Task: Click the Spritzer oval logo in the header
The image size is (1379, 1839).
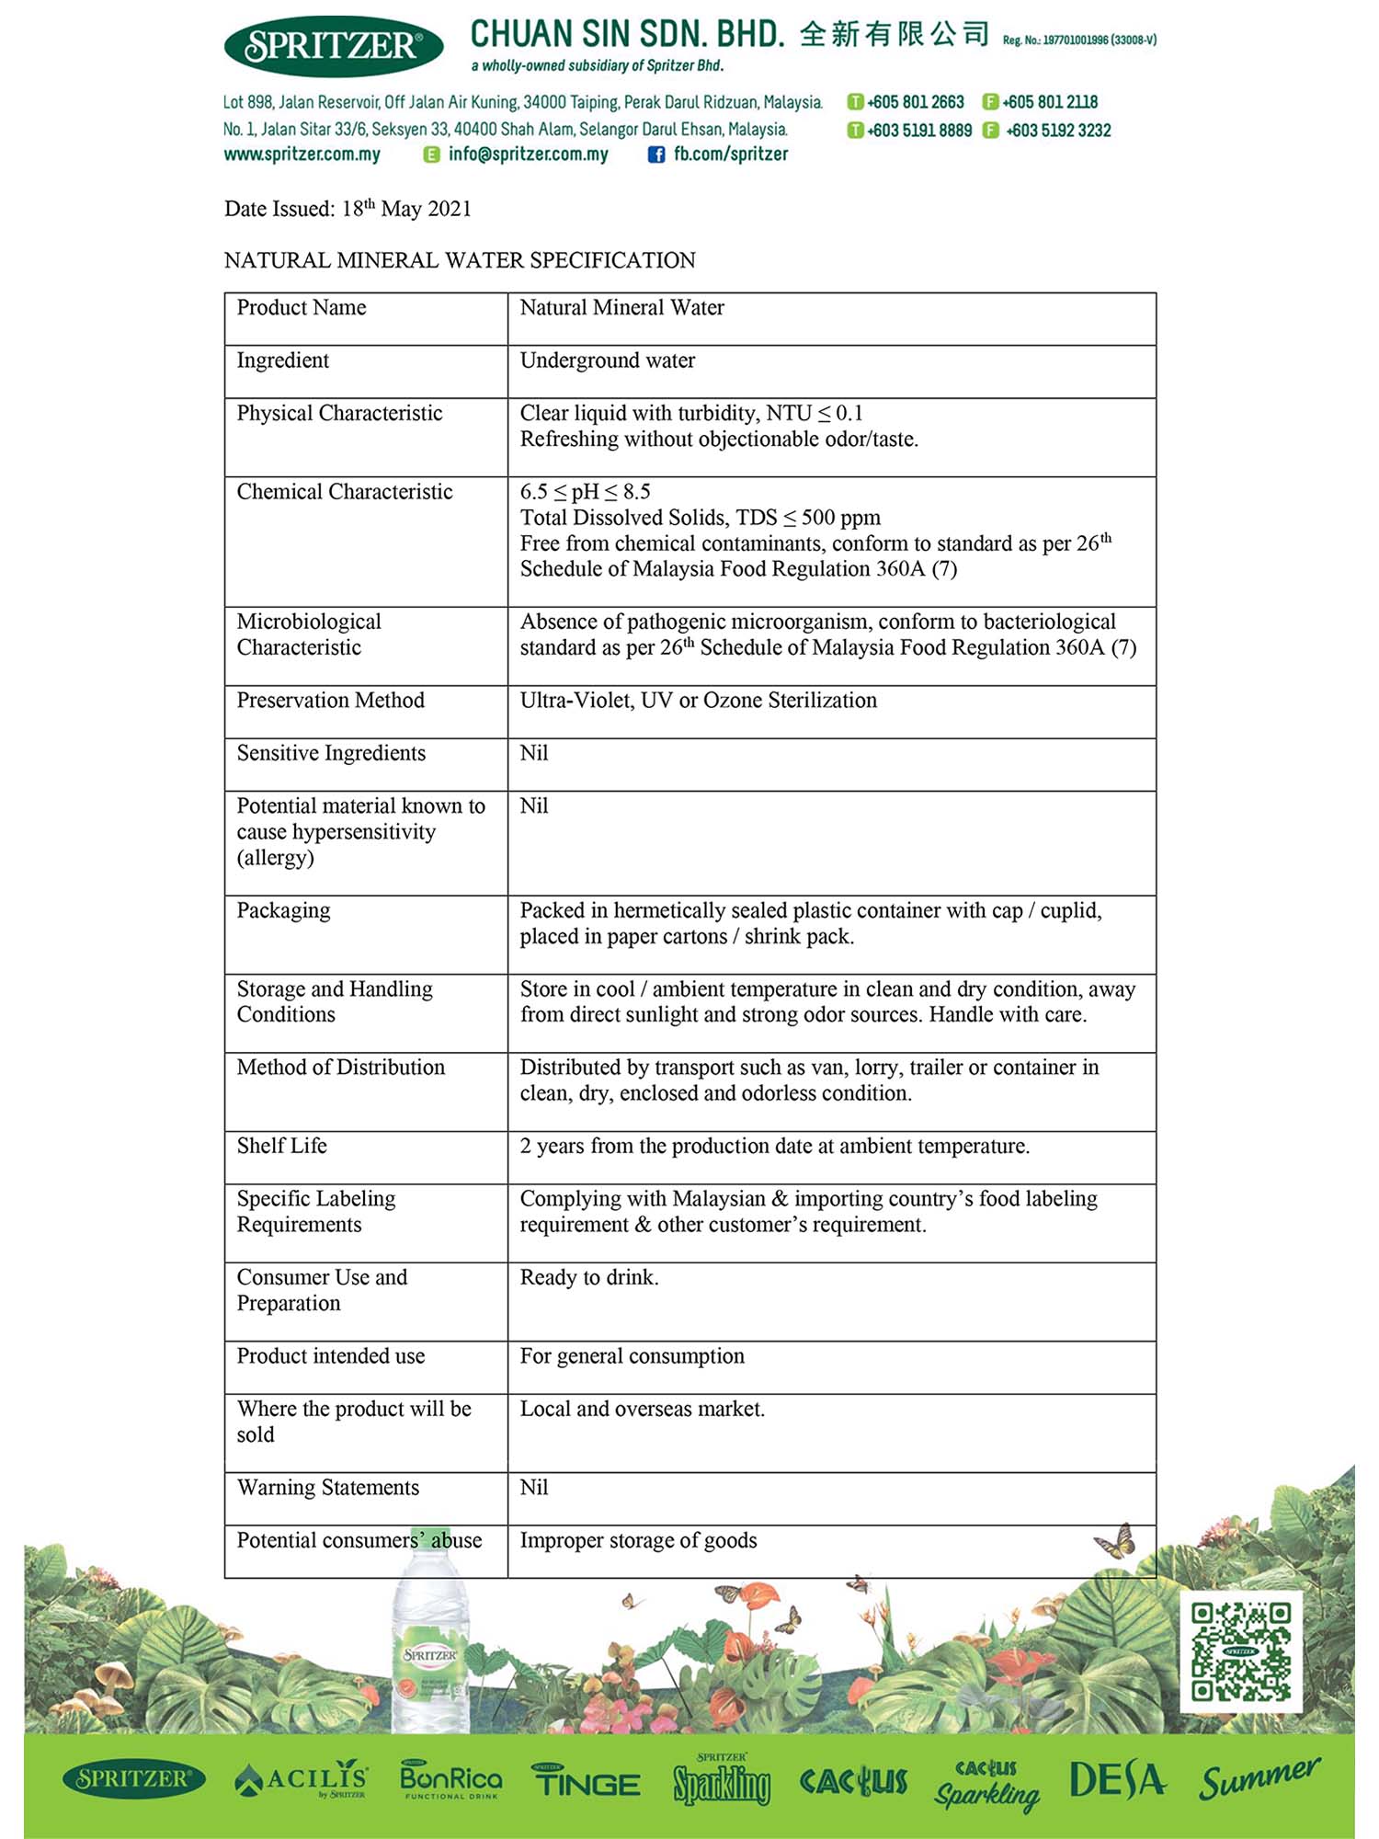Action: pyautogui.click(x=333, y=46)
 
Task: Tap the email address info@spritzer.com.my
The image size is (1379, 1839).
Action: pyautogui.click(x=528, y=154)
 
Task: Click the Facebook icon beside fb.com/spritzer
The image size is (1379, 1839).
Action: pyautogui.click(x=656, y=154)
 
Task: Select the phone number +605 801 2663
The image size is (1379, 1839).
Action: pyautogui.click(x=915, y=102)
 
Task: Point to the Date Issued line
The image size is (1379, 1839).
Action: pyautogui.click(x=348, y=209)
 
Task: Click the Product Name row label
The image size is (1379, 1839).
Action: pyautogui.click(x=302, y=308)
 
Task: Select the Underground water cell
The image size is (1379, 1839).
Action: pyautogui.click(x=608, y=360)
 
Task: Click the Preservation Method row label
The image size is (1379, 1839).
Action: pyautogui.click(x=331, y=701)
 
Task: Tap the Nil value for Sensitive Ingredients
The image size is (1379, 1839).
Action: pyautogui.click(x=534, y=753)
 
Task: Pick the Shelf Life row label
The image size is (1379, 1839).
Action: pyautogui.click(x=282, y=1146)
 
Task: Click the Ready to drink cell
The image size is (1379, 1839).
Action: pyautogui.click(x=589, y=1277)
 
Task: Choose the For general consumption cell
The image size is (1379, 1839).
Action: pyautogui.click(x=633, y=1356)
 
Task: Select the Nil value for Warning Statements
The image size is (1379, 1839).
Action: pyautogui.click(x=534, y=1488)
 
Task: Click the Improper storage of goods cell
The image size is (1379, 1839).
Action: pyautogui.click(x=639, y=1540)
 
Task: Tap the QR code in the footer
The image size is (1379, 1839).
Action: pyautogui.click(x=1241, y=1651)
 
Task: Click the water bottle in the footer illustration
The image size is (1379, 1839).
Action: pyautogui.click(x=430, y=1646)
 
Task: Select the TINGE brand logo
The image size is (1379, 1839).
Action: pyautogui.click(x=587, y=1782)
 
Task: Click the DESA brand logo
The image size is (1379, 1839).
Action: pyautogui.click(x=1117, y=1780)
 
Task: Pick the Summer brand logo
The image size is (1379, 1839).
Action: pyautogui.click(x=1259, y=1779)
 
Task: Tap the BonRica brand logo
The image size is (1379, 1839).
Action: pyautogui.click(x=451, y=1780)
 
